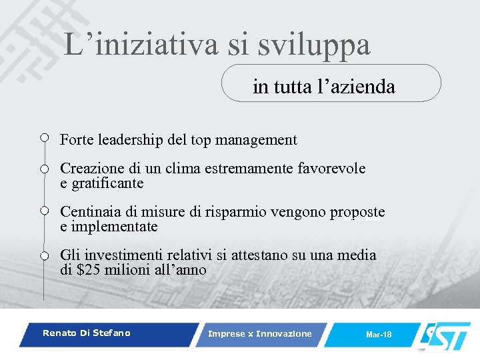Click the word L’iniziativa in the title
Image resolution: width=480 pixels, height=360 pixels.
(141, 45)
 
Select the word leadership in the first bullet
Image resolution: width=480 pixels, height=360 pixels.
(129, 140)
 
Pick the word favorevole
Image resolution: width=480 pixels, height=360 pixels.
(333, 169)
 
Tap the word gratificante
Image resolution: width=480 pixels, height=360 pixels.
(107, 183)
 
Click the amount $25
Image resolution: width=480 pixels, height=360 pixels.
(87, 270)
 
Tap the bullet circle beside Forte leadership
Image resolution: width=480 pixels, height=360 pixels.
(44, 138)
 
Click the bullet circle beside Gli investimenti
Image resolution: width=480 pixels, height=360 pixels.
(44, 255)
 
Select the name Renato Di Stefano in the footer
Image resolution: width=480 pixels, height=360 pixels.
(87, 333)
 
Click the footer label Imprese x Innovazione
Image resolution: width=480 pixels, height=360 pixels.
(259, 333)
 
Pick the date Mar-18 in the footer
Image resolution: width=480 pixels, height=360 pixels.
(379, 334)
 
